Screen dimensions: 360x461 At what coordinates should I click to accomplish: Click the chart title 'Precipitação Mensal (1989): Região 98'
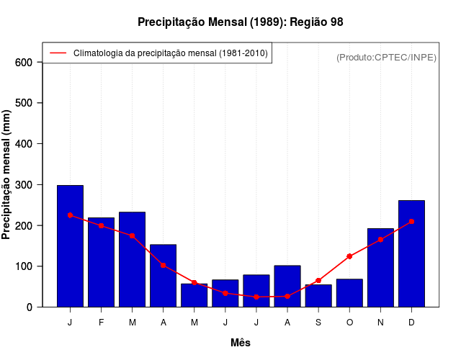[x=240, y=22]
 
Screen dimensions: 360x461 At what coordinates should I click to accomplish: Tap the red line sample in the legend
[x=58, y=53]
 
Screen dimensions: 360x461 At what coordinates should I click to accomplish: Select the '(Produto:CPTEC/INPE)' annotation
[x=386, y=57]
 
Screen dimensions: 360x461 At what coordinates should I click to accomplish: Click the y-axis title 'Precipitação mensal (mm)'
[x=6, y=174]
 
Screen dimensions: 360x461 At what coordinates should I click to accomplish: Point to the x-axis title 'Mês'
[x=241, y=343]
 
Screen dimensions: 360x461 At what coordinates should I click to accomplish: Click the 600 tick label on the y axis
[x=23, y=63]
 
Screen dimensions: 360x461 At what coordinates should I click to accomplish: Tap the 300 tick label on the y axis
[x=23, y=185]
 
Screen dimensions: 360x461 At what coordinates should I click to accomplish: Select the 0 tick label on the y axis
[x=29, y=307]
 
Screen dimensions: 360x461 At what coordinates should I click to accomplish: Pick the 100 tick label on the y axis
[x=23, y=266]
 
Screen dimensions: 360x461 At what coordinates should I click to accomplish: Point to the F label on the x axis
[x=101, y=323]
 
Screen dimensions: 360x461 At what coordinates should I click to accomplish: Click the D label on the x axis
[x=411, y=323]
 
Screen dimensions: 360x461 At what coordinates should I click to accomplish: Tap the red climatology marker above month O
[x=349, y=256]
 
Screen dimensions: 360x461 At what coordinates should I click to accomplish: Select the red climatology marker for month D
[x=411, y=222]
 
